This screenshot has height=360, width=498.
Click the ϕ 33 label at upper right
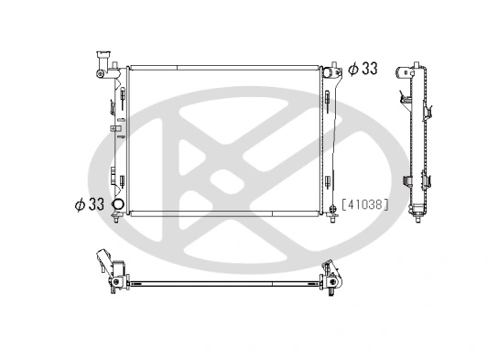(363, 69)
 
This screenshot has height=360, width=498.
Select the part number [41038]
(365, 205)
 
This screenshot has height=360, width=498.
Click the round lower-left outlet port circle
(117, 204)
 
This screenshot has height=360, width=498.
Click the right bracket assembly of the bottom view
(330, 277)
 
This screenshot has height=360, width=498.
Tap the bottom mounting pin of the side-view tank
(420, 217)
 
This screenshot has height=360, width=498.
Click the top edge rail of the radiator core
(223, 67)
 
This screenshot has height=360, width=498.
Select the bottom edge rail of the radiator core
(223, 214)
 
